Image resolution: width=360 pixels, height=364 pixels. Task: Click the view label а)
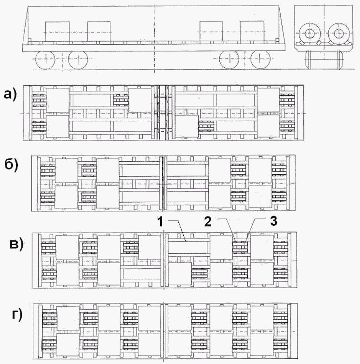(x=11, y=95)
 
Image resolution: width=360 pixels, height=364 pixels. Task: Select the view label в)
(x=17, y=244)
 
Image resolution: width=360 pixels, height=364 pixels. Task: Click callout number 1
(x=161, y=222)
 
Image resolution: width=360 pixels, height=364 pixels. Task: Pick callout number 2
(x=208, y=222)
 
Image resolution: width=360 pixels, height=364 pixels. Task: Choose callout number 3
(x=274, y=221)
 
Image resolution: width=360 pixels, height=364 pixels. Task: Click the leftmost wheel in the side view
(x=45, y=60)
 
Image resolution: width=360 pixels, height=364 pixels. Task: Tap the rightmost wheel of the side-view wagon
(x=261, y=59)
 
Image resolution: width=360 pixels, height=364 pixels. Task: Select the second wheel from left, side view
(x=79, y=60)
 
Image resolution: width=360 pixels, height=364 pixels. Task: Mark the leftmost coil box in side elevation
(x=57, y=32)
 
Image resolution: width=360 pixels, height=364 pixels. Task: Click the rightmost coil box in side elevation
(x=252, y=32)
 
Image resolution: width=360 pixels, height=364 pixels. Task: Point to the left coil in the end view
(x=309, y=34)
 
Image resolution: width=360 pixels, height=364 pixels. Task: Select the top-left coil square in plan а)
(x=58, y=100)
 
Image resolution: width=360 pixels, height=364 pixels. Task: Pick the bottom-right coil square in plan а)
(x=268, y=126)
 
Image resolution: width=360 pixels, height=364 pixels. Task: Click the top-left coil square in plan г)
(x=68, y=318)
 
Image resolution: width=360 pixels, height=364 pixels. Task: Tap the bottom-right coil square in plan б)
(x=260, y=197)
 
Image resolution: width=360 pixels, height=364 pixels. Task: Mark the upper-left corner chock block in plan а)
(x=39, y=100)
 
